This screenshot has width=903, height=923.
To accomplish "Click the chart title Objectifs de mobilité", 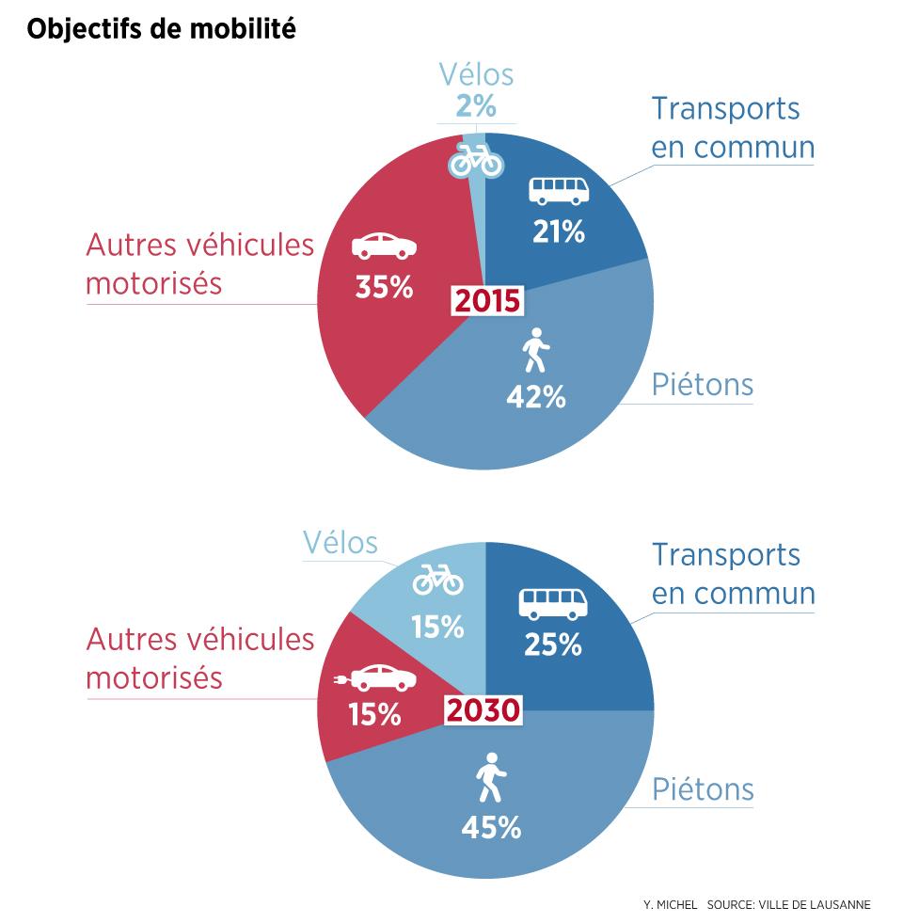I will (x=161, y=30).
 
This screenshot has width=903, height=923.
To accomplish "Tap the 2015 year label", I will (x=486, y=301).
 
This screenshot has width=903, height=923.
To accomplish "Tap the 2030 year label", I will (x=483, y=710).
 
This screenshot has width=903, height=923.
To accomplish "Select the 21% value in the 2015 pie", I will (x=558, y=231).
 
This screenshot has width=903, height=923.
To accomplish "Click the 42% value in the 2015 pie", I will (x=536, y=397).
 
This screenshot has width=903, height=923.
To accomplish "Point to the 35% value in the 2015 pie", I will (x=384, y=287).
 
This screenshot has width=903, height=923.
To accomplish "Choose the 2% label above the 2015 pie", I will (x=475, y=106).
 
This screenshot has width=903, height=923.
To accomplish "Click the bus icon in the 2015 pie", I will (x=559, y=191).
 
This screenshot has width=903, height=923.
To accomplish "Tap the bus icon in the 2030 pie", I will (x=553, y=603).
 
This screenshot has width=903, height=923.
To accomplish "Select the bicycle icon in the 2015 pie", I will (x=476, y=159).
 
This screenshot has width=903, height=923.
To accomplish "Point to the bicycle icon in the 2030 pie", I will (x=438, y=580).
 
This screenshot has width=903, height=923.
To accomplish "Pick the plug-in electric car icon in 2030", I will (x=375, y=676).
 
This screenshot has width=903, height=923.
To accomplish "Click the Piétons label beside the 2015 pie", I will (x=703, y=384).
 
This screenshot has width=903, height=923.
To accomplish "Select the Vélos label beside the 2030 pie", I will (x=340, y=543).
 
